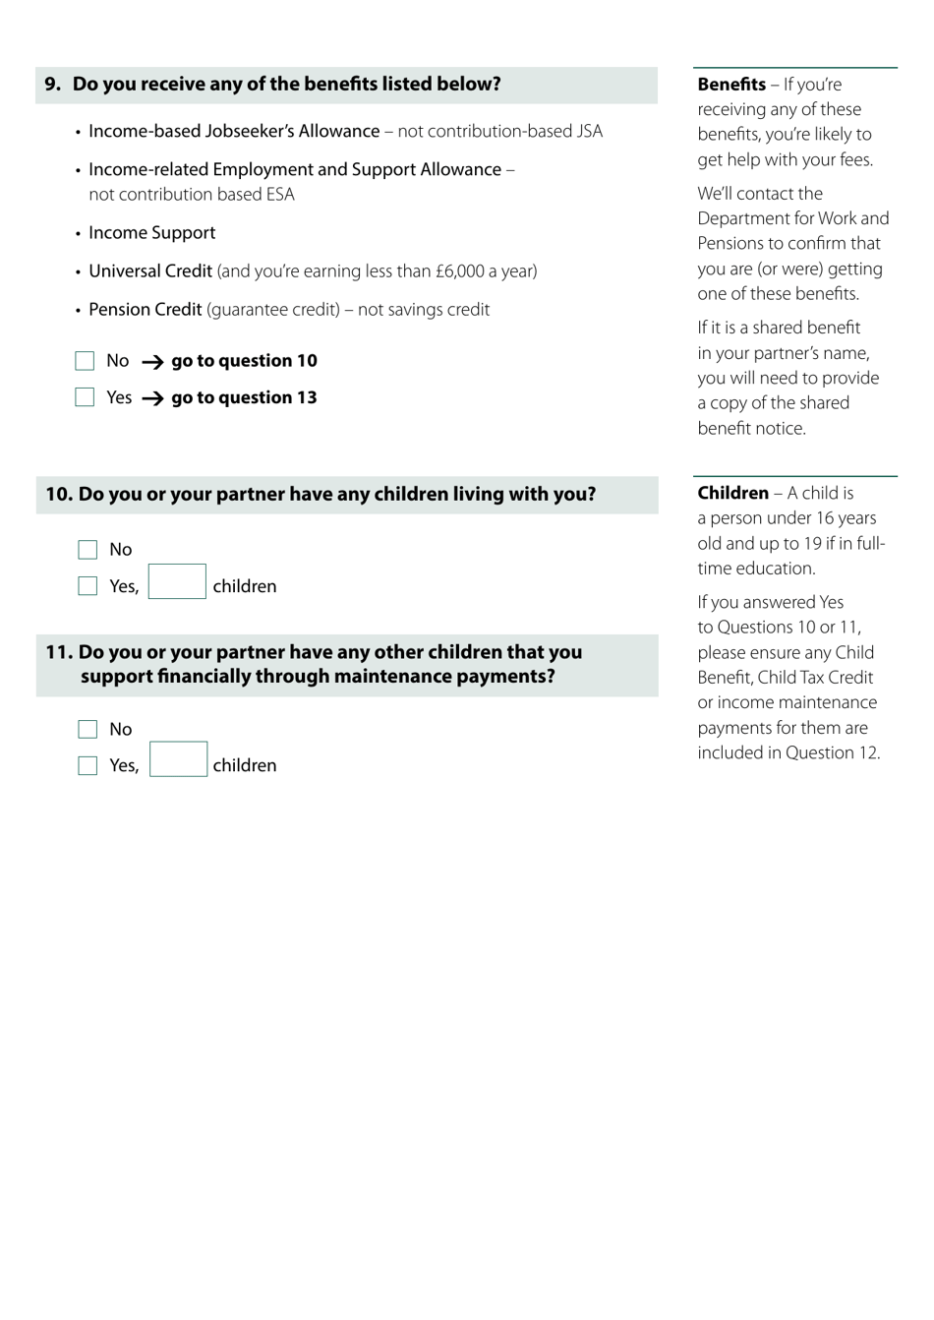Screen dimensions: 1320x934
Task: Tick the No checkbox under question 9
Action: [x=85, y=361]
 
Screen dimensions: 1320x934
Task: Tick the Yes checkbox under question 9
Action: [x=85, y=397]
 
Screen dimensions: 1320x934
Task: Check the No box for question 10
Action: [x=88, y=550]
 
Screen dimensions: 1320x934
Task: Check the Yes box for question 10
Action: [x=88, y=586]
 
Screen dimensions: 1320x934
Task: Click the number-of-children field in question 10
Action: [x=177, y=581]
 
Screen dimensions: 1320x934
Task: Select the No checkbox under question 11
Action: [x=88, y=729]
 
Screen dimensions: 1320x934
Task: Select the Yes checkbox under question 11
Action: [x=88, y=765]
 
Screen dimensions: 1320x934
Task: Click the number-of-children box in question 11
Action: [x=178, y=759]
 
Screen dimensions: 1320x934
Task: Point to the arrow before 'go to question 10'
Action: [x=152, y=362]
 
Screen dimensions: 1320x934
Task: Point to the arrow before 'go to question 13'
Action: [x=152, y=398]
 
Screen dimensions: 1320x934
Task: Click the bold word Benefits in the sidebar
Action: [x=731, y=85]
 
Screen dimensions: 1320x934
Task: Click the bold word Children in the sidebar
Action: [x=733, y=493]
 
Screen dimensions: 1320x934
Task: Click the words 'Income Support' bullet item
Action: [x=151, y=233]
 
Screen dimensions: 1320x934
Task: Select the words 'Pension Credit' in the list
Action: [x=145, y=310]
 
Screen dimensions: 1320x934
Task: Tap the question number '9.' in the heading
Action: [x=52, y=85]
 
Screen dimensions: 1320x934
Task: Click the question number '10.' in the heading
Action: [x=59, y=494]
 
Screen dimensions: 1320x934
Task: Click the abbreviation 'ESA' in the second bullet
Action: [x=279, y=195]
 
